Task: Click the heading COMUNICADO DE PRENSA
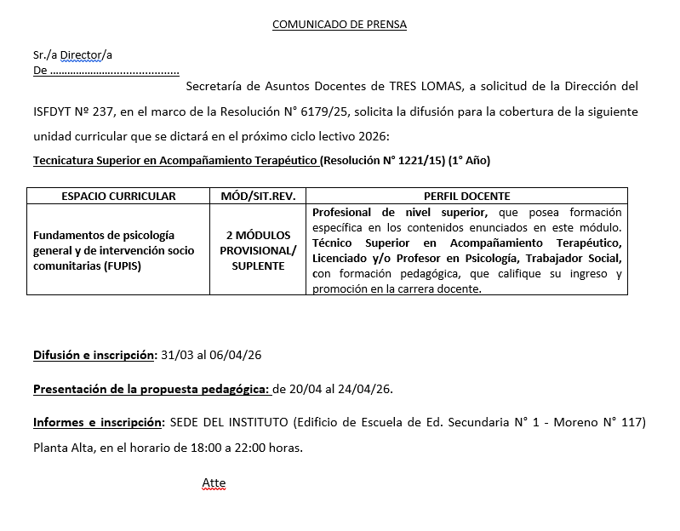(339, 24)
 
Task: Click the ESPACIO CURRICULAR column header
(118, 196)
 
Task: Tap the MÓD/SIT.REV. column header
(258, 196)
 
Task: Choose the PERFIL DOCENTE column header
(466, 196)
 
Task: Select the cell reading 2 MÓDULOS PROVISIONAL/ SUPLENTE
(258, 250)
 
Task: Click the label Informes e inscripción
(98, 422)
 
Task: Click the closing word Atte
(214, 483)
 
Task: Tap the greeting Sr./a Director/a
(72, 55)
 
